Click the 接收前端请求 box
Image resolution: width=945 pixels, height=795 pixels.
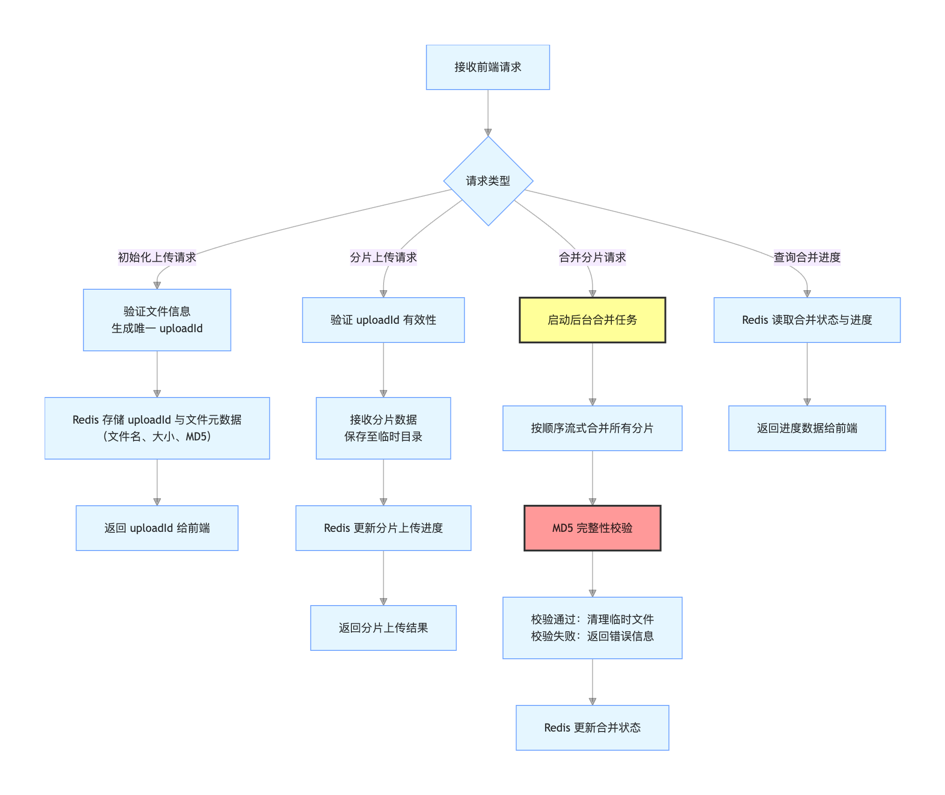coord(488,67)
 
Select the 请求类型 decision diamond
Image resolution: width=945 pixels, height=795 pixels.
coord(488,181)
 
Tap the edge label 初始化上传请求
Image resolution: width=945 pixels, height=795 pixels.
coord(157,258)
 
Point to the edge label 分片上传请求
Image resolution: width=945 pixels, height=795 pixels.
coord(383,258)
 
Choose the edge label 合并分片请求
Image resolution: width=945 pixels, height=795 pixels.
coord(592,258)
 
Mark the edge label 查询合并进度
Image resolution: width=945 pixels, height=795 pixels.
coord(807,258)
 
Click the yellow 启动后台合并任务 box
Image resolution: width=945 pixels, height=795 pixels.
coord(592,320)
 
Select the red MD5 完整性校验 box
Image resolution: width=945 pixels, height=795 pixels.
coord(592,528)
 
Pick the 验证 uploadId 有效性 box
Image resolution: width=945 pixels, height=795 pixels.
coord(383,320)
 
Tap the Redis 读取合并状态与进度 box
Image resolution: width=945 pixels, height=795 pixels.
coord(807,320)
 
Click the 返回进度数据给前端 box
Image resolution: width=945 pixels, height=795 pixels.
coord(807,428)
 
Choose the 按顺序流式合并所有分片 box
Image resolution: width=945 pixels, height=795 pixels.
coord(592,428)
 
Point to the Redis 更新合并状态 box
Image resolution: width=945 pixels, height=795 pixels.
coord(592,728)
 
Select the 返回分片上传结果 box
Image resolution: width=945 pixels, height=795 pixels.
coord(383,628)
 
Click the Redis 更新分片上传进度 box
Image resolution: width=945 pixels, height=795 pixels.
coord(383,528)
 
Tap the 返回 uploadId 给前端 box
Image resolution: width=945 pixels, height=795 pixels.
coord(157,528)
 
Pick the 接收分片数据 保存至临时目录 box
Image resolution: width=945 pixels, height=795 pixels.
coord(383,428)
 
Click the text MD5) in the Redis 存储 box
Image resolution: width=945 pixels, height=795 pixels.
coord(198,437)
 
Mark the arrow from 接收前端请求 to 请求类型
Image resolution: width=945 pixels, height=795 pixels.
coord(488,112)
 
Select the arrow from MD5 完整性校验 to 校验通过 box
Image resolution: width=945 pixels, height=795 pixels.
coord(593,573)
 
